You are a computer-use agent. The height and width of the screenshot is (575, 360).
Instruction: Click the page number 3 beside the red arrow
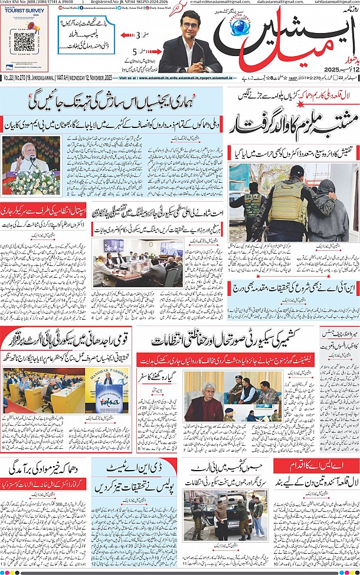(x=139, y=35)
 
